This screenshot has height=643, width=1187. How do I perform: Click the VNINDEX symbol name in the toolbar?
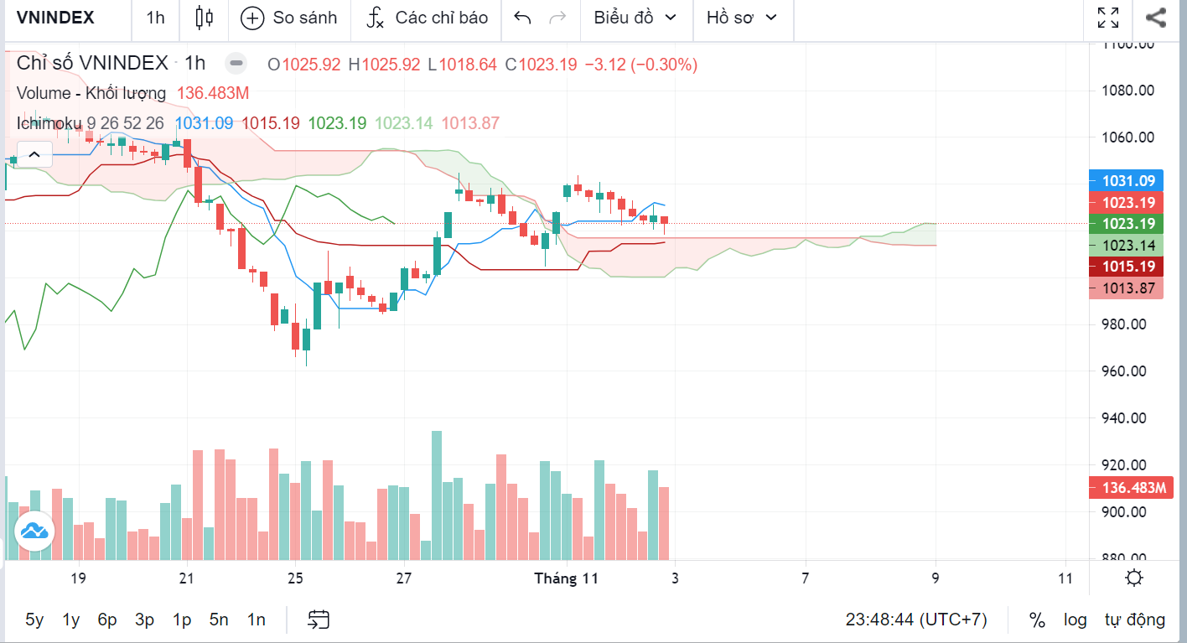tap(55, 18)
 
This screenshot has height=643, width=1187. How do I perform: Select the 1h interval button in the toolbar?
tap(155, 18)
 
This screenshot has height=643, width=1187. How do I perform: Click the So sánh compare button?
tap(288, 18)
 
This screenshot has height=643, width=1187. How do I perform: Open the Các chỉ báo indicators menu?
tap(428, 18)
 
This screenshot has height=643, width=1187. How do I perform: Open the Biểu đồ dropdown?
tap(635, 18)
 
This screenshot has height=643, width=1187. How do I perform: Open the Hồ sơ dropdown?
tap(741, 18)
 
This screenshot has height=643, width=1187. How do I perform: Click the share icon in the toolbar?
tap(1156, 18)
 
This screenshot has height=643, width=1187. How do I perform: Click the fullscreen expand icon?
tap(1108, 18)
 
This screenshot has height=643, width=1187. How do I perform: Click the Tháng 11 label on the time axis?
tap(567, 578)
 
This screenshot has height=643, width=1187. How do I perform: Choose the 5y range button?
tap(34, 620)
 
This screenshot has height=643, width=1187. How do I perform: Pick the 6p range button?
tap(107, 620)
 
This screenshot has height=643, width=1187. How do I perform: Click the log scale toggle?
tap(1076, 620)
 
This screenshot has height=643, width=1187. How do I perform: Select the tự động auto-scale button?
tap(1134, 620)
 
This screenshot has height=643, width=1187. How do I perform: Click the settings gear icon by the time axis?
tap(1134, 578)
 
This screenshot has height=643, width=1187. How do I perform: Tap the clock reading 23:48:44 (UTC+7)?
tap(916, 620)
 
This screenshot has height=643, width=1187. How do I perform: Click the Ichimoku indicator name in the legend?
tap(49, 123)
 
